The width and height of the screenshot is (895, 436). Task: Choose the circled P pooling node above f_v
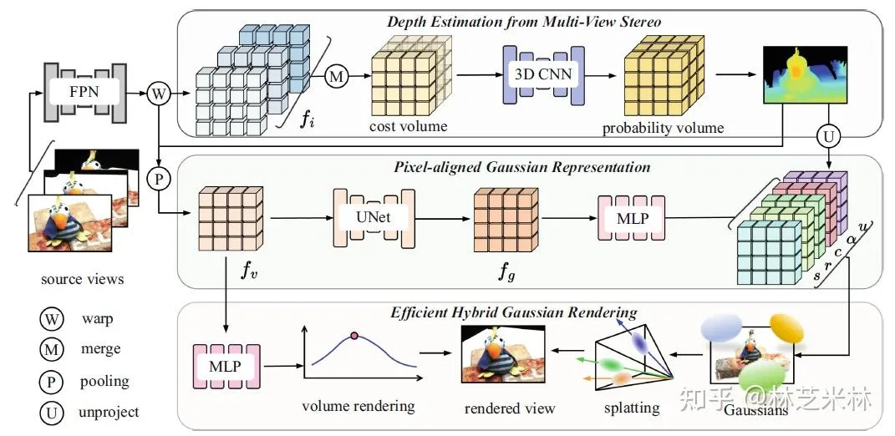pyautogui.click(x=157, y=177)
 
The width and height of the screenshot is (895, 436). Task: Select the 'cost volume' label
pyautogui.click(x=409, y=126)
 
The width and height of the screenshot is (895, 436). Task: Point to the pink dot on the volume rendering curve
pyautogui.click(x=354, y=336)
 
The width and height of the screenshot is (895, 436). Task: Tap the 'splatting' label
pyautogui.click(x=632, y=408)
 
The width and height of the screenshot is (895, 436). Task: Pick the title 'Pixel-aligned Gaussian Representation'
pyautogui.click(x=521, y=166)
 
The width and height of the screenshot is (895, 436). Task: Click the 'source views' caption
pyautogui.click(x=84, y=279)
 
